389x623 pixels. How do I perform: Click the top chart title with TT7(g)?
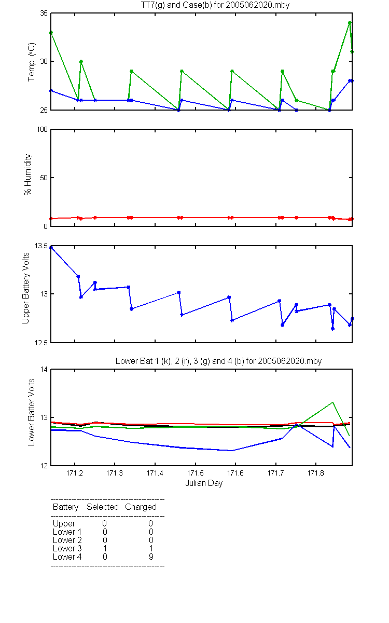[215, 5]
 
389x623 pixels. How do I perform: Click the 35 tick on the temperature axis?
[44, 13]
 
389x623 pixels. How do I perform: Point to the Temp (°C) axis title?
[32, 62]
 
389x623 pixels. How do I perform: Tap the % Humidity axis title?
[28, 174]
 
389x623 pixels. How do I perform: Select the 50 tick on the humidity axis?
[44, 178]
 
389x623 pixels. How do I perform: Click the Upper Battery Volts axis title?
[25, 288]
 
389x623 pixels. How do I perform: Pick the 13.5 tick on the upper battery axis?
[41, 246]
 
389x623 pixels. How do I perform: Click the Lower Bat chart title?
[218, 361]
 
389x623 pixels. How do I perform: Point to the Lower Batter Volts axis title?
[32, 412]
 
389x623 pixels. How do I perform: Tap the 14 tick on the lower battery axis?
[44, 369]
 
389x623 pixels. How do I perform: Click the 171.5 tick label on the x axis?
[196, 473]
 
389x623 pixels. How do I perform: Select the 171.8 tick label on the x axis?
[316, 473]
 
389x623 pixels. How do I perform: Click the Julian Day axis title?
[204, 483]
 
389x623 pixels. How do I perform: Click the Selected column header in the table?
[103, 507]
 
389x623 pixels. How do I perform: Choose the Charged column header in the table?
[141, 507]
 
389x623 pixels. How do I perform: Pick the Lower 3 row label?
[67, 548]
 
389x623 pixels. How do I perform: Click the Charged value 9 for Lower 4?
[151, 557]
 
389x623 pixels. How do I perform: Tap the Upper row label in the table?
[64, 524]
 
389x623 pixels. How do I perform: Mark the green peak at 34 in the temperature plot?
[350, 23]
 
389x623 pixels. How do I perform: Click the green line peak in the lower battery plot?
[332, 402]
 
